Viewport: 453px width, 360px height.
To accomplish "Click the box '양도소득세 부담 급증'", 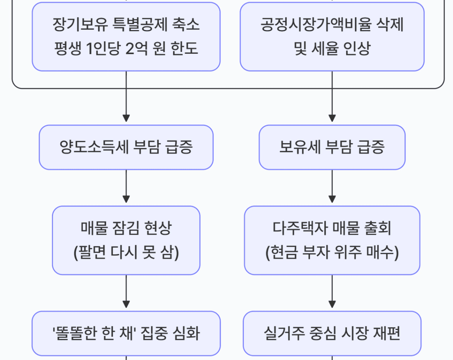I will point(126,147).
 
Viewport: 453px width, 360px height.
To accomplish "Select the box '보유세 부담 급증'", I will point(332,147).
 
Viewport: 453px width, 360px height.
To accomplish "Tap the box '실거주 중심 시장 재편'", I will point(332,333).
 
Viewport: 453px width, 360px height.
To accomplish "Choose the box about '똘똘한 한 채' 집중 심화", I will point(126,333).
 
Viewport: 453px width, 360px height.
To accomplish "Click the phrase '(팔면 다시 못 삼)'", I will point(126,252).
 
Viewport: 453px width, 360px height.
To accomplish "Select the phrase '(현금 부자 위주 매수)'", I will point(332,252).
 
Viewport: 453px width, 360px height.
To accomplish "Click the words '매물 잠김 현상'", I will point(126,228).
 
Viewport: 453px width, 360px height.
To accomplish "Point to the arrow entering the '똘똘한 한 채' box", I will point(126,293).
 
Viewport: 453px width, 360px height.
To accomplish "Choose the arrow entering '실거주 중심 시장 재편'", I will point(332,293).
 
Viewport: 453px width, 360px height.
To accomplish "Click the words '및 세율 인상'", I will point(332,49).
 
